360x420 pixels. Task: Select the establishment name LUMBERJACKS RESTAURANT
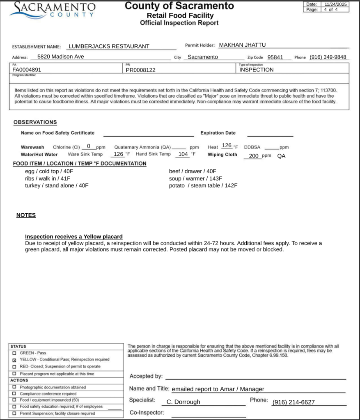click(x=109, y=46)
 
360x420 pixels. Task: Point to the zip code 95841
click(x=275, y=57)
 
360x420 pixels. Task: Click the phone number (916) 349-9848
click(x=328, y=57)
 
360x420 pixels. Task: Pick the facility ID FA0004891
click(x=27, y=70)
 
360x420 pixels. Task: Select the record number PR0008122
click(x=141, y=70)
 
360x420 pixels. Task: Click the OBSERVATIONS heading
click(x=35, y=122)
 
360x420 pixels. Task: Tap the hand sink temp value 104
click(x=183, y=154)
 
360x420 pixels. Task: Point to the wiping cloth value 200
click(x=254, y=156)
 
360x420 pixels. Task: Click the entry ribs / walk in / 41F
click(x=48, y=178)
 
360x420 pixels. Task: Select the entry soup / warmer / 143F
click(x=195, y=178)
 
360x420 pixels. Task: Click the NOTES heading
click(x=26, y=215)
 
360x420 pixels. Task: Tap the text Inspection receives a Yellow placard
click(x=74, y=237)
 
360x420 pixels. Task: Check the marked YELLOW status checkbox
click(x=14, y=360)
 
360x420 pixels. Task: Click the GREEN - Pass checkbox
click(x=14, y=353)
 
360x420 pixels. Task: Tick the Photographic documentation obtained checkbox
click(x=14, y=387)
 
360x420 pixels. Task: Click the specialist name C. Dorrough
click(x=183, y=402)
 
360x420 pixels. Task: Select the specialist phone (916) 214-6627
click(x=294, y=402)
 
